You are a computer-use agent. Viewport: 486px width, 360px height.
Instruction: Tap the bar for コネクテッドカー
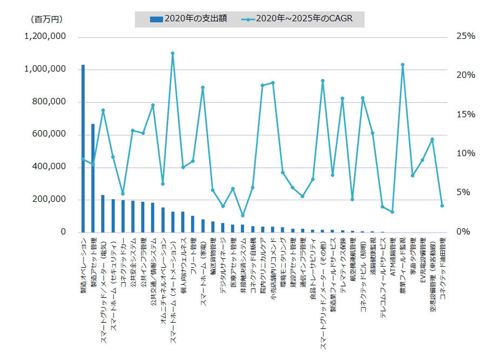123,216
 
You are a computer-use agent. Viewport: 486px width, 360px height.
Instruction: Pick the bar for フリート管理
192,224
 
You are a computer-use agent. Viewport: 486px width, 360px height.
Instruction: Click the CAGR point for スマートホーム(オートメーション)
172,53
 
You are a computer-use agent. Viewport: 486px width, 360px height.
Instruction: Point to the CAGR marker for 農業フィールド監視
402,65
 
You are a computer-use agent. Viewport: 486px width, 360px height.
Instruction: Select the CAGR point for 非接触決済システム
242,215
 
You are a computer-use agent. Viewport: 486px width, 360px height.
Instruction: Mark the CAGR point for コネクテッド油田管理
442,206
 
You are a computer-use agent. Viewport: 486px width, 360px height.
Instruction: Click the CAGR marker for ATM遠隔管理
393,212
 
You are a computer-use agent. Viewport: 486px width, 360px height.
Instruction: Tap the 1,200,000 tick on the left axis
45,37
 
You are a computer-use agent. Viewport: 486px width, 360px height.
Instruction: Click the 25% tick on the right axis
465,37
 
